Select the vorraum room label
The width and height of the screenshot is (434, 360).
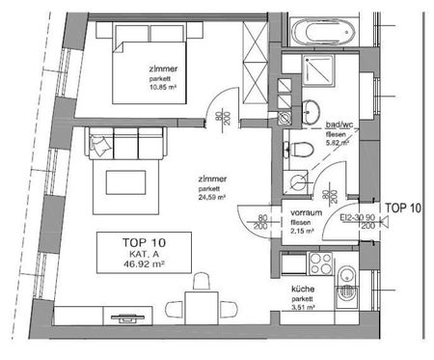pyautogui.click(x=306, y=213)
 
